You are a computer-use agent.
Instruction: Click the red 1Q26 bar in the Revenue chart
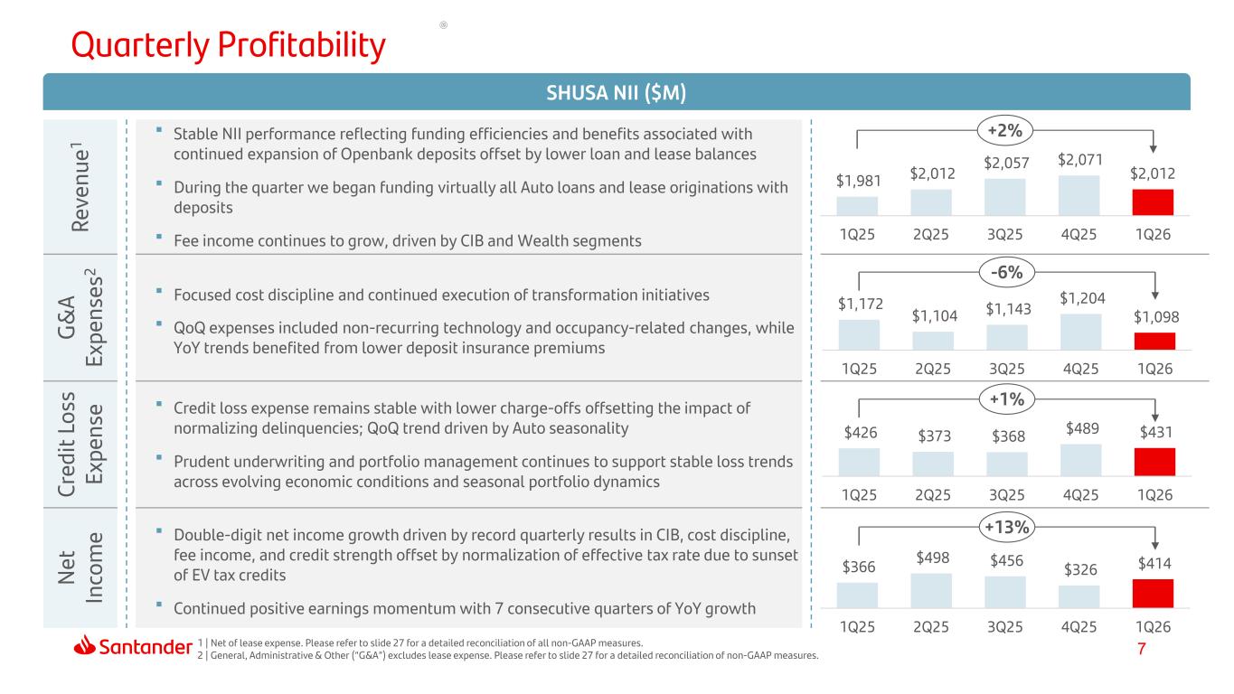click(1153, 202)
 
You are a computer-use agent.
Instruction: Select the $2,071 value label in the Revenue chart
click(1079, 160)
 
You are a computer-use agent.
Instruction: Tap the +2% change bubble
click(1005, 130)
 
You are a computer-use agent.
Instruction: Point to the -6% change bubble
click(1006, 272)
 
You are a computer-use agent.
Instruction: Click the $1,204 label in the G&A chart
click(1082, 298)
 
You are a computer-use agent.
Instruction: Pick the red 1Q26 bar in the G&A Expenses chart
click(1154, 341)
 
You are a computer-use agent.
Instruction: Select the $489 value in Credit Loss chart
click(1082, 428)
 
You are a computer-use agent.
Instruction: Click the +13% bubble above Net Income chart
click(1006, 527)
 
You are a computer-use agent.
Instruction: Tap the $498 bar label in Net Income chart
click(932, 558)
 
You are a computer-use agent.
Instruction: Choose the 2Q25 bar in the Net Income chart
click(931, 590)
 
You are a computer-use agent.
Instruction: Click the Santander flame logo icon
click(84, 645)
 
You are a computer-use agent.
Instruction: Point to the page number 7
click(1142, 649)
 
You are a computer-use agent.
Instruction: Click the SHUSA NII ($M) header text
click(616, 92)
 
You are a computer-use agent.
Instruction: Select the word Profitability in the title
click(301, 45)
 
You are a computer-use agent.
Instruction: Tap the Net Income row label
click(80, 567)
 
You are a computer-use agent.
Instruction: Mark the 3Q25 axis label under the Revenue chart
click(1004, 235)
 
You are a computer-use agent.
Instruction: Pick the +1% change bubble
click(1006, 399)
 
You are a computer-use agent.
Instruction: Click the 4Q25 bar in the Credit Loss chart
click(1080, 460)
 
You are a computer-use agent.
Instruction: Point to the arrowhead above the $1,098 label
click(1154, 295)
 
